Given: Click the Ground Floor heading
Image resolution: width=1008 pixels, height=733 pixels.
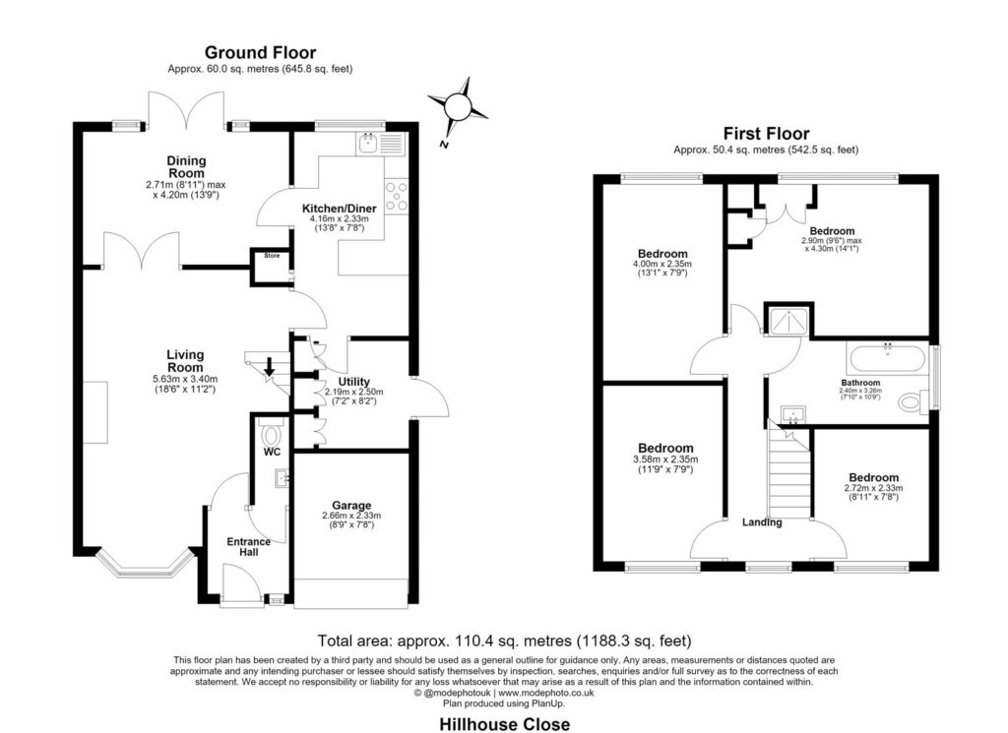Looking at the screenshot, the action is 260,52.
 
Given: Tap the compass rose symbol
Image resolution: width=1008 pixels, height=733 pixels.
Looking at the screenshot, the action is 458,105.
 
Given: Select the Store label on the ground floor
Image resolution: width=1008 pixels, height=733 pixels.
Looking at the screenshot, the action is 272,256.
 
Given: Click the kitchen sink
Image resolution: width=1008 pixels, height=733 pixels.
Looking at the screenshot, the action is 368,143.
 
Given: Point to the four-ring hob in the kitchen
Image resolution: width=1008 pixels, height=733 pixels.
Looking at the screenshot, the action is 396,195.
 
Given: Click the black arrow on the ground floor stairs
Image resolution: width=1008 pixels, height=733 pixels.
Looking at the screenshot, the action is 270,367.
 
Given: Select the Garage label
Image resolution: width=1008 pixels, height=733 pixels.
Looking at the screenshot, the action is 351,506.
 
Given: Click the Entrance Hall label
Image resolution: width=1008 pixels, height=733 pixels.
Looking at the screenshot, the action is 249,547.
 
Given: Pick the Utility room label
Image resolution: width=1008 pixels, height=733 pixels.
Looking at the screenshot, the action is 354,382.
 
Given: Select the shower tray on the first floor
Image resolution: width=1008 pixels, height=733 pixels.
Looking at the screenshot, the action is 788,321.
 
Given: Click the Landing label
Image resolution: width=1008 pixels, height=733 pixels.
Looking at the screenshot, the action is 763,522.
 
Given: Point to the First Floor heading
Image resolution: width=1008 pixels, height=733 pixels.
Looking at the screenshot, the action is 766,134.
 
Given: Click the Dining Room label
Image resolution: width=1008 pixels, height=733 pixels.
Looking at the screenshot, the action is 186,167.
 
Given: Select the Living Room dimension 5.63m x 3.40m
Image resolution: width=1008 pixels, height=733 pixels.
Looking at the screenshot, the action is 185,379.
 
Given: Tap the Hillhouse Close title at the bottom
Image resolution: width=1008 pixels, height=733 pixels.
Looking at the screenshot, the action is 505,724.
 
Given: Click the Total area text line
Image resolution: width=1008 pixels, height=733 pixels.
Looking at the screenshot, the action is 505,641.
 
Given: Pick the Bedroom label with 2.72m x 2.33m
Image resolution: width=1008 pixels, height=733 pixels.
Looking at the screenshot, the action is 874,477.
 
